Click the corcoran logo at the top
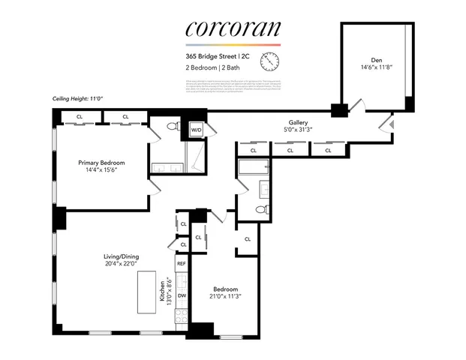coord(233,28)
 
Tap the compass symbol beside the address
coord(268,61)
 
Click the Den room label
coord(376,60)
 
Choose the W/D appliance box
coord(196,130)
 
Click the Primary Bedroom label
coord(102,162)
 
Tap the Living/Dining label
coord(121,256)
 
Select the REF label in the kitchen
coord(181,264)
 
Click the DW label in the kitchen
coord(181,295)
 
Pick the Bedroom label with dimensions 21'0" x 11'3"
coord(225,289)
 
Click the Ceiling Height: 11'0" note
coord(75,97)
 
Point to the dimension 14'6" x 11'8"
coord(376,68)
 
